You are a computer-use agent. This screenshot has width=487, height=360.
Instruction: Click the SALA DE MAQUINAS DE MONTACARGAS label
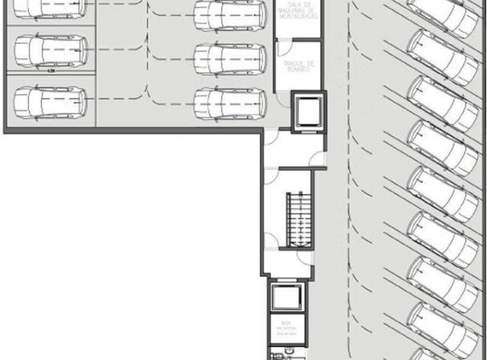pyautogui.click(x=297, y=12)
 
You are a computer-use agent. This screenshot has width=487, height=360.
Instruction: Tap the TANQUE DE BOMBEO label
pyautogui.click(x=296, y=66)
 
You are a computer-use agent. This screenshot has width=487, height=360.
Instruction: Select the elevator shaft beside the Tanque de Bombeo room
pyautogui.click(x=308, y=112)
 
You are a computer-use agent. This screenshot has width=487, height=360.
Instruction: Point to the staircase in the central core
pyautogui.click(x=297, y=220)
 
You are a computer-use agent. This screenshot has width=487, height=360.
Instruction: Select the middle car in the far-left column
pyautogui.click(x=51, y=51)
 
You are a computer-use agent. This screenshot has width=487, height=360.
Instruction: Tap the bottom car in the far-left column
pyautogui.click(x=51, y=102)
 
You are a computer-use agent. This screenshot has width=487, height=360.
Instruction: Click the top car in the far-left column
pyautogui.click(x=51, y=7)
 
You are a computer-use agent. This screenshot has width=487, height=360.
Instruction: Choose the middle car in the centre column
pyautogui.click(x=230, y=59)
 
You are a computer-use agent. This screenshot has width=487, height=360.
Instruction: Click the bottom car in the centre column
pyautogui.click(x=230, y=103)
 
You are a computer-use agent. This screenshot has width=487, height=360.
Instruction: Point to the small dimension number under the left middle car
pyautogui.click(x=51, y=69)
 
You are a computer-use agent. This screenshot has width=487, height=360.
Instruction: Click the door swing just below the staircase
pyautogui.click(x=271, y=240)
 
